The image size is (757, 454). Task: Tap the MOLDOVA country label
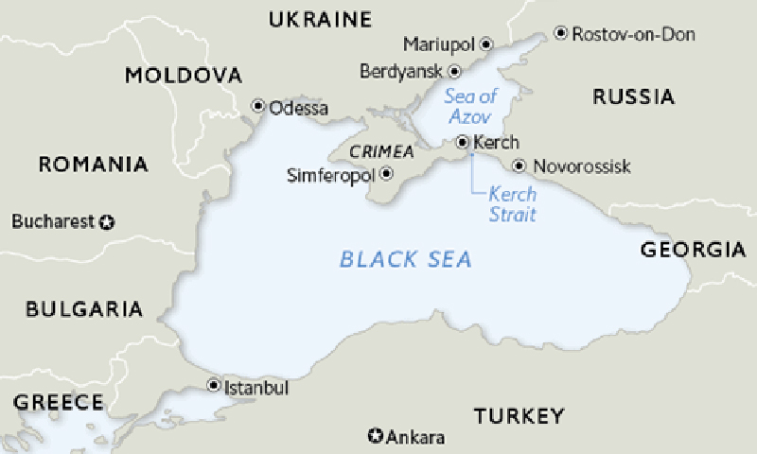184,76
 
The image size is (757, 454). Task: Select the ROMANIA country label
93,165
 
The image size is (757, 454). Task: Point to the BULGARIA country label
84,309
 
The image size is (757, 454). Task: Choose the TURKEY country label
519,416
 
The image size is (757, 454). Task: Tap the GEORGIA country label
693,251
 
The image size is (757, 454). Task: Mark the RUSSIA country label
633,96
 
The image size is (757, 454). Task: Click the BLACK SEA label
406,258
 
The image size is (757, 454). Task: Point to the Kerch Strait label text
512,203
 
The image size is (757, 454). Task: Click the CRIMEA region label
381,151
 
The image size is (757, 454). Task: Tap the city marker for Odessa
257,107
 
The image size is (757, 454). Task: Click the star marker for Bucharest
107,222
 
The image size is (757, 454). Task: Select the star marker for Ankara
376,436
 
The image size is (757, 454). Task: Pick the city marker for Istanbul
213,386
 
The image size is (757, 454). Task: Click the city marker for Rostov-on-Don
560,34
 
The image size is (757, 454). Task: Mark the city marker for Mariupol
486,44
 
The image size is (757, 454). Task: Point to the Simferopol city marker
386,174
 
